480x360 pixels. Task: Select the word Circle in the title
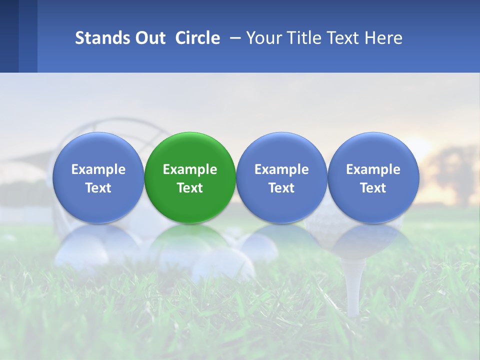coord(197,38)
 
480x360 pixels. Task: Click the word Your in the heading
coord(263,38)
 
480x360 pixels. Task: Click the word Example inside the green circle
coord(190,169)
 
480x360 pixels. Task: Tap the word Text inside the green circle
coord(190,188)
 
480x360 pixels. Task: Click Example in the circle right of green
coord(281,169)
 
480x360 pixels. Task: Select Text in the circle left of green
coord(98,188)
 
